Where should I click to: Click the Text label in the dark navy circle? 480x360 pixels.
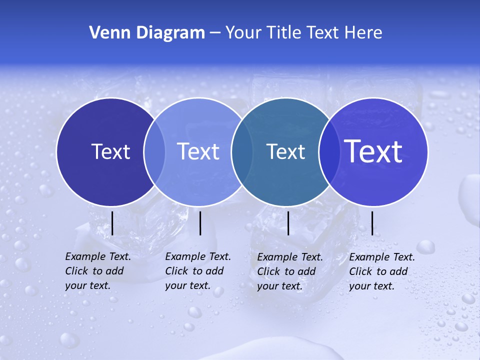point(110,151)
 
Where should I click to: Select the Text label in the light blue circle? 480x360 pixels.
point(198,151)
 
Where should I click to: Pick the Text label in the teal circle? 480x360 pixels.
point(285,151)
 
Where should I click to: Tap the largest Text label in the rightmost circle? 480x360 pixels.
point(373,151)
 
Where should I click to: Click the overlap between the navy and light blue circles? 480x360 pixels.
point(154,151)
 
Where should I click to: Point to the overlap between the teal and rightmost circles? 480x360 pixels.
point(329,151)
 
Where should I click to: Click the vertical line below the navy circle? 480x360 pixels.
point(112,223)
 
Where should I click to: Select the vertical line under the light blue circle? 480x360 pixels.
point(200,223)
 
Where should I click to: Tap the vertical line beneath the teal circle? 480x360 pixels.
point(288,223)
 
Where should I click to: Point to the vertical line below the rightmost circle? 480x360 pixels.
point(372,223)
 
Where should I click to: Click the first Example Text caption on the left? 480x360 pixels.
point(98,271)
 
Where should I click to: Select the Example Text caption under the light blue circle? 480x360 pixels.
point(198,271)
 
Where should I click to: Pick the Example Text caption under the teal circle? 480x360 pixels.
point(290,271)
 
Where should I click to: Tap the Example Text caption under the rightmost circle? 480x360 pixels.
point(382,271)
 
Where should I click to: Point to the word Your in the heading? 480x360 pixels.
point(243,33)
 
